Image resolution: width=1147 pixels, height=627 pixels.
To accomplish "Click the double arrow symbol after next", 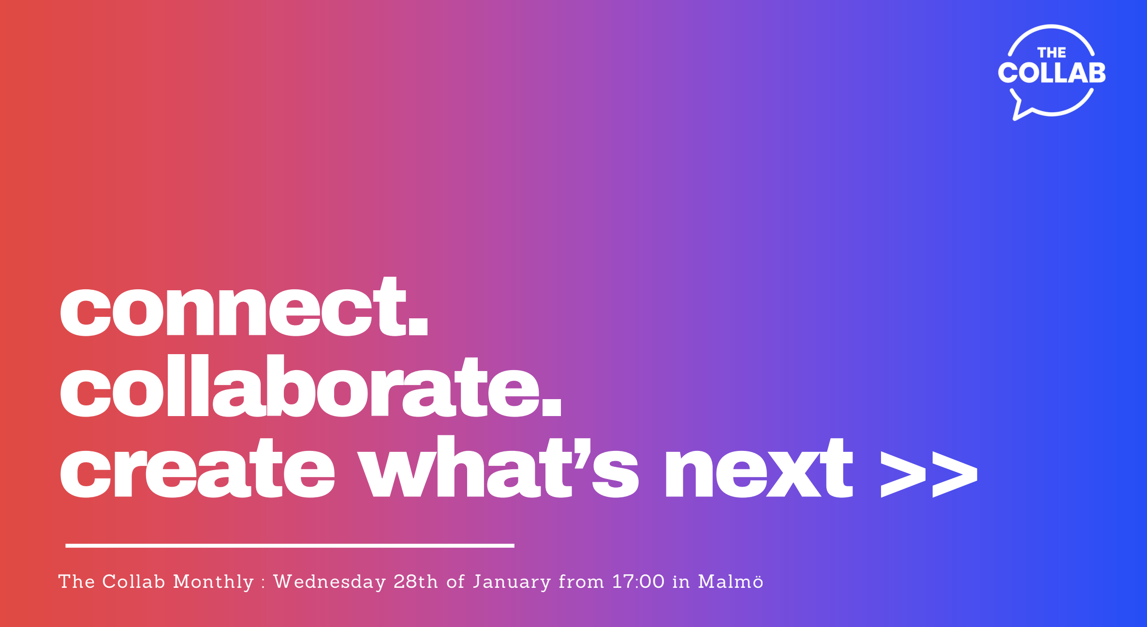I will click(x=928, y=474).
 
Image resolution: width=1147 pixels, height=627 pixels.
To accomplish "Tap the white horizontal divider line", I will click(x=290, y=545).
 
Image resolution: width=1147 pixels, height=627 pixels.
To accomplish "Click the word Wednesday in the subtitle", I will click(x=330, y=582).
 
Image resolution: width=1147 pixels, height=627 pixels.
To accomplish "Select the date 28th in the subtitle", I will click(x=416, y=582).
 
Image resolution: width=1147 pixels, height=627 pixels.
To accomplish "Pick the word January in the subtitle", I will click(x=512, y=582).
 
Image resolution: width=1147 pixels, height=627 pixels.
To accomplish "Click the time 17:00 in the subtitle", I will click(x=638, y=582).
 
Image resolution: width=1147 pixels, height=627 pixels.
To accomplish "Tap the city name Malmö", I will click(x=731, y=582).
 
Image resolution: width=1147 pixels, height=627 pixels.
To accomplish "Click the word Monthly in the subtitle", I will click(x=213, y=582).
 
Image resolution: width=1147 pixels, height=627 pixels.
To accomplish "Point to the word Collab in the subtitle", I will click(x=133, y=582).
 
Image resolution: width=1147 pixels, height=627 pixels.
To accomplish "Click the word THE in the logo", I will click(x=1052, y=53).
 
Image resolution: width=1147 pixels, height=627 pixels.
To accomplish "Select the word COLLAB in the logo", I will click(x=1052, y=73).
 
